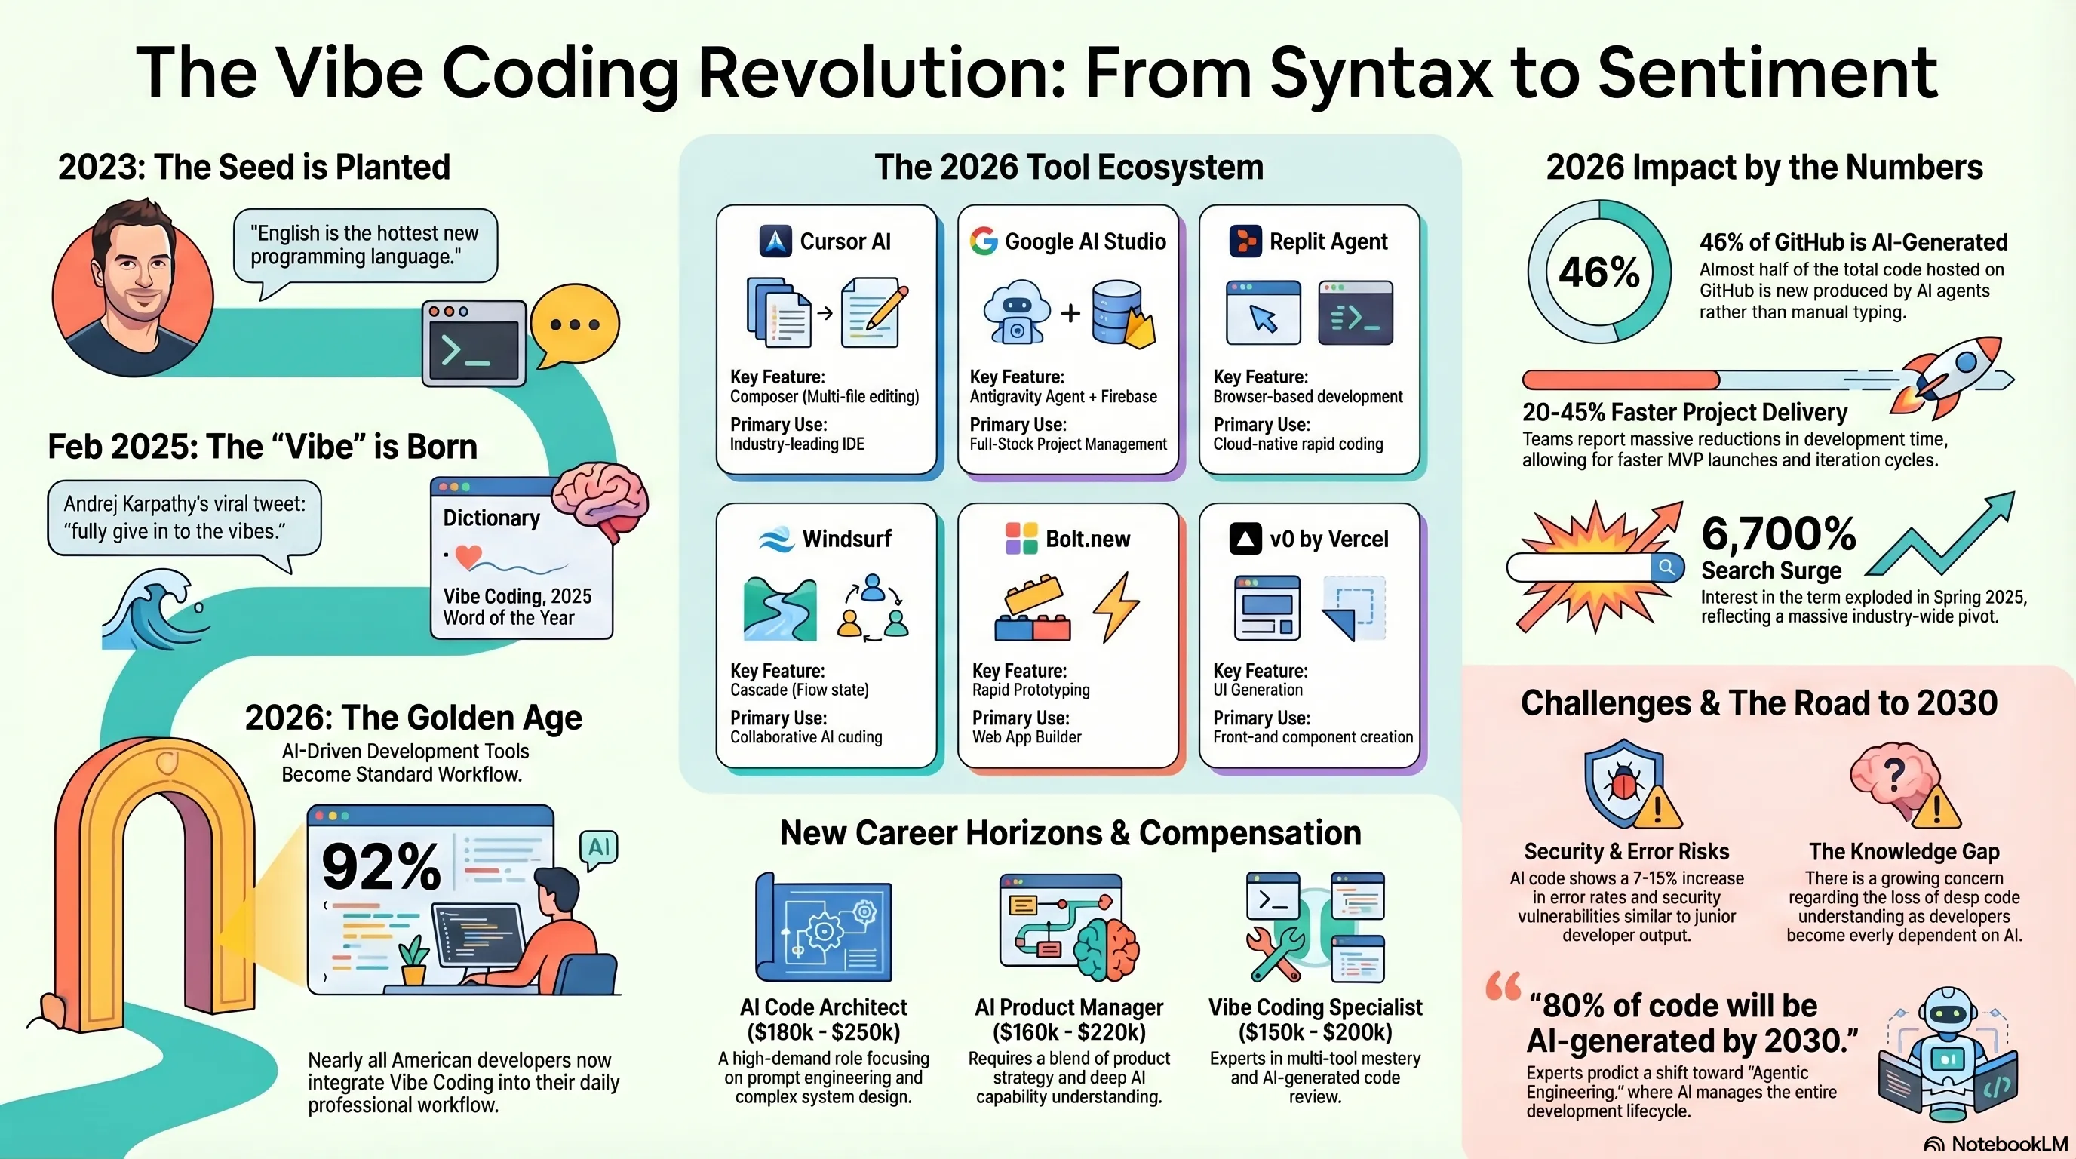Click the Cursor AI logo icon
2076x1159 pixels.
pyautogui.click(x=775, y=241)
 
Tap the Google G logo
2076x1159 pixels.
pyautogui.click(x=983, y=241)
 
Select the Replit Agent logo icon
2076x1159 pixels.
pyautogui.click(x=1245, y=241)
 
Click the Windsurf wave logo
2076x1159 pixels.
pyautogui.click(x=776, y=539)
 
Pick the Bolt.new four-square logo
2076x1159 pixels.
pyautogui.click(x=1021, y=539)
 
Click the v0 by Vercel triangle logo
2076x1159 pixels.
pyautogui.click(x=1245, y=539)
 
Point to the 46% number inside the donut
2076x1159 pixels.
pyautogui.click(x=1599, y=272)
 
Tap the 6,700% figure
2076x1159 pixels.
pyautogui.click(x=1779, y=533)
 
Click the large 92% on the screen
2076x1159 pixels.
pyautogui.click(x=381, y=867)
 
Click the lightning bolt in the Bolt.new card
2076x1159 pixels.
pyautogui.click(x=1116, y=607)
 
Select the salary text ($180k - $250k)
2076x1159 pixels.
pyautogui.click(x=824, y=1032)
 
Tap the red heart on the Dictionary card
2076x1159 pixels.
pyautogui.click(x=468, y=556)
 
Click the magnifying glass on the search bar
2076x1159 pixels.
pyautogui.click(x=1666, y=567)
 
